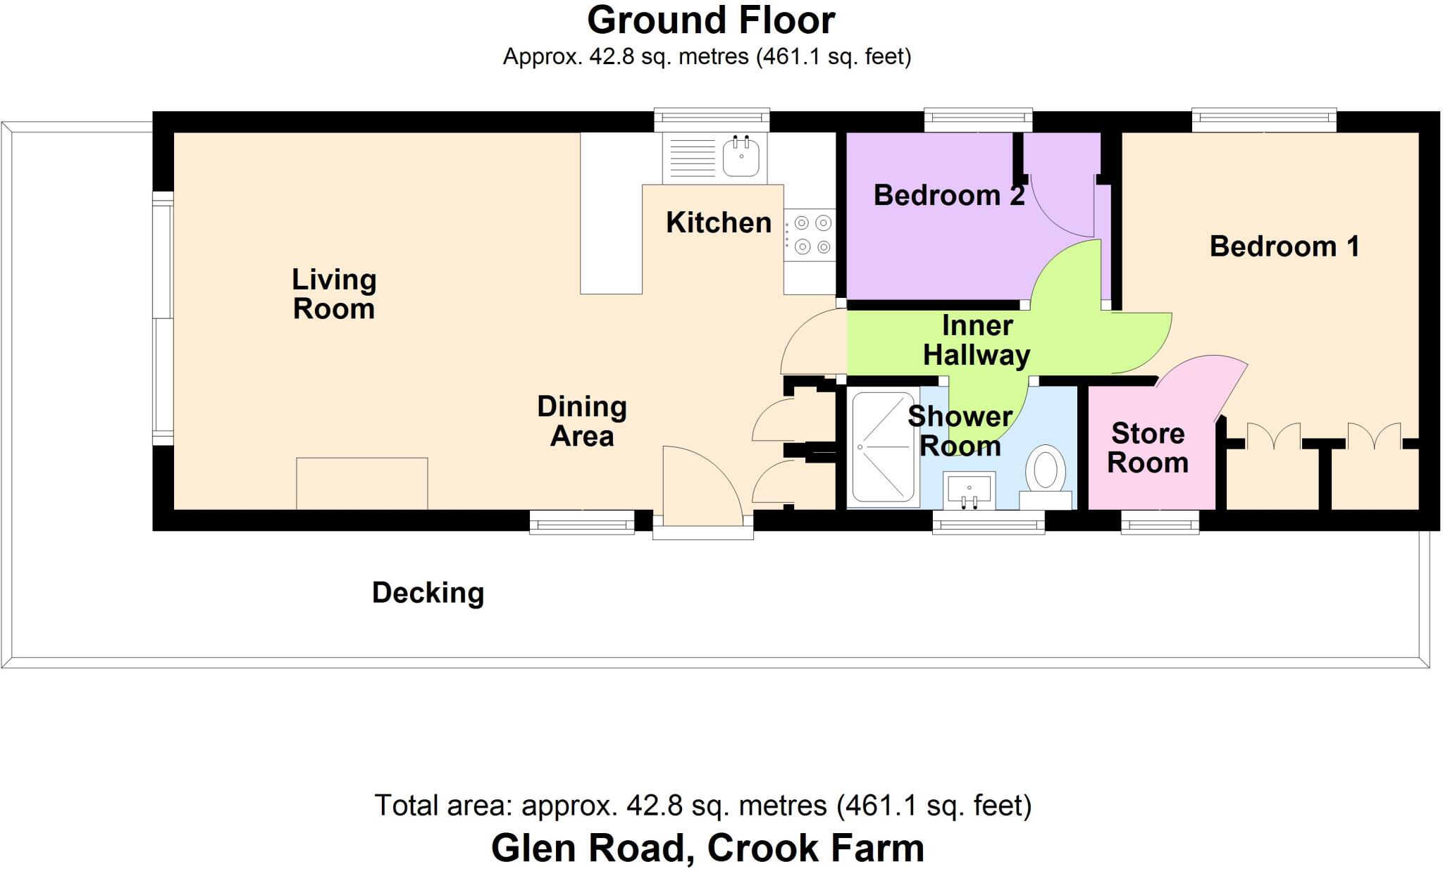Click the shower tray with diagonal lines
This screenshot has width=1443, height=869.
[883, 448]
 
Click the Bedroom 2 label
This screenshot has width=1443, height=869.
[949, 195]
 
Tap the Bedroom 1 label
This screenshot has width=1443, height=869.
[1284, 246]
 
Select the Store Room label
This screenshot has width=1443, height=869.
[1148, 448]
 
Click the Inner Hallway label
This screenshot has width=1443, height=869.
[977, 340]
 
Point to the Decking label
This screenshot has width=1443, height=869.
[428, 593]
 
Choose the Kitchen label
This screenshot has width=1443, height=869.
[719, 223]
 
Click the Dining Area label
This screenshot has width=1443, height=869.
[582, 421]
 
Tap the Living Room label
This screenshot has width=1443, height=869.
[334, 294]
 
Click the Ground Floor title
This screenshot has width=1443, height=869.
[711, 20]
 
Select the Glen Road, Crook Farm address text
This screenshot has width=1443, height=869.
[707, 848]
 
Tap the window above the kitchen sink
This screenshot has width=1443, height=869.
[712, 120]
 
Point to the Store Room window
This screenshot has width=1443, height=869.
[1160, 522]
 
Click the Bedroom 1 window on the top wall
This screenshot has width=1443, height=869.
[1264, 120]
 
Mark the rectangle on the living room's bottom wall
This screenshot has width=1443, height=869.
[362, 484]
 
